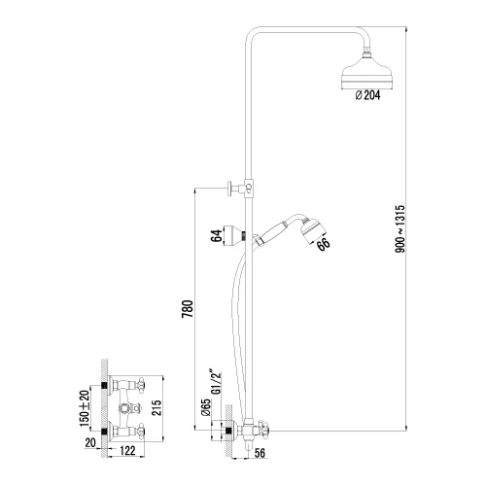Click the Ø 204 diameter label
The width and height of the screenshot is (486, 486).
click(x=367, y=95)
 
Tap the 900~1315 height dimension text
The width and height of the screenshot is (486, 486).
click(x=400, y=228)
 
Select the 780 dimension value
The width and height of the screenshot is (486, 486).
click(x=188, y=309)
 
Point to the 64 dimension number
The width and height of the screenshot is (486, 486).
click(x=217, y=235)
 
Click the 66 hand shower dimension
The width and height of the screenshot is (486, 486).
click(x=323, y=244)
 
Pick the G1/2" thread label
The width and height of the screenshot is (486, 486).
click(x=217, y=381)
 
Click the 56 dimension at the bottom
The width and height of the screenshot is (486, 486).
click(x=260, y=453)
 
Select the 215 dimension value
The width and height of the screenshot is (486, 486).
click(x=156, y=408)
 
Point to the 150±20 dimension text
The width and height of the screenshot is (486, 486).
click(x=85, y=408)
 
